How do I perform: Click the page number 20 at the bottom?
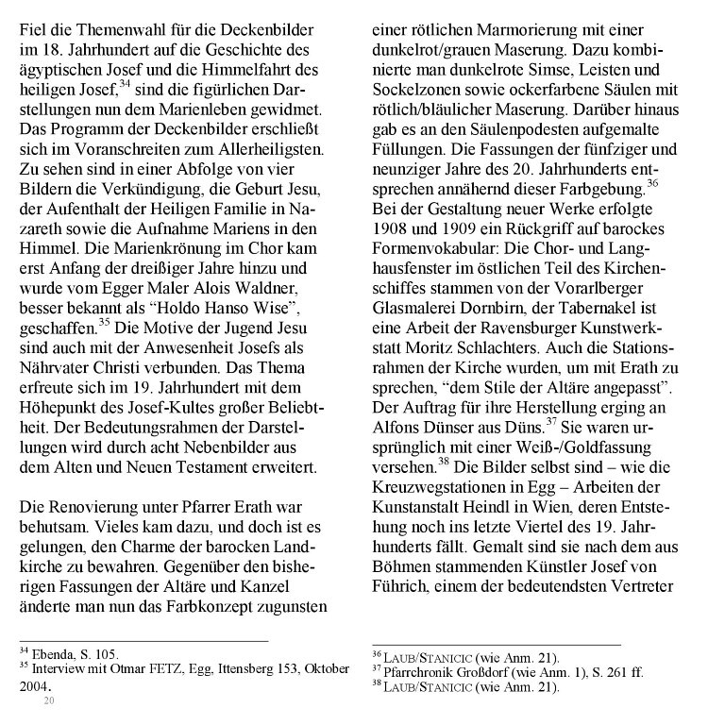(49, 700)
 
